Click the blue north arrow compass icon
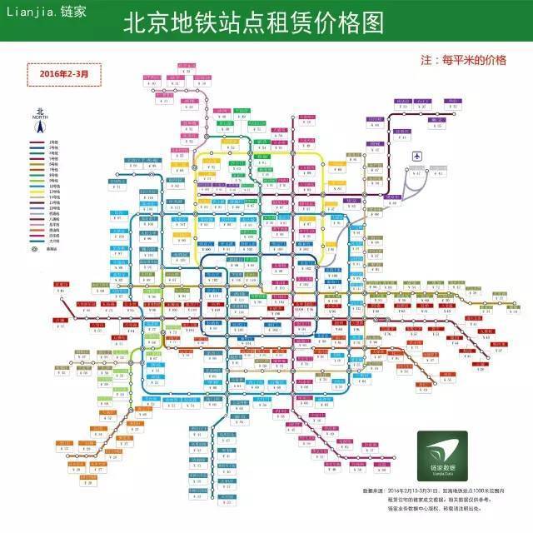pyautogui.click(x=39, y=127)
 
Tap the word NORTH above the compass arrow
pyautogui.click(x=39, y=117)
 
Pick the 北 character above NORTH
pyautogui.click(x=39, y=111)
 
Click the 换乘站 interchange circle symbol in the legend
pyautogui.click(x=34, y=248)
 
